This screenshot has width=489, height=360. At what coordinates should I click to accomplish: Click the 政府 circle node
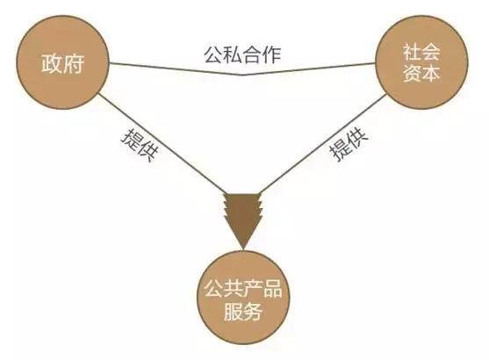[x=62, y=62]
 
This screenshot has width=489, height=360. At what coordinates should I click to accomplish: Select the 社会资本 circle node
[x=421, y=62]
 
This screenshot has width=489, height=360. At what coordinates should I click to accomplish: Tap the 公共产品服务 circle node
[x=243, y=298]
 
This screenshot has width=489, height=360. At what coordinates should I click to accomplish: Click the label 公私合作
[x=242, y=55]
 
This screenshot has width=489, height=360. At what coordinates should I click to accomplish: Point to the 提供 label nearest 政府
[x=140, y=144]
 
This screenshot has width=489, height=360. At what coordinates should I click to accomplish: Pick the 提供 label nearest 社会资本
[x=349, y=144]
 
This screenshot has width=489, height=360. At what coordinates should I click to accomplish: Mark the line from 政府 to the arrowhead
[x=162, y=144]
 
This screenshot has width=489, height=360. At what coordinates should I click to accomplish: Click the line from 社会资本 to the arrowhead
[x=323, y=144]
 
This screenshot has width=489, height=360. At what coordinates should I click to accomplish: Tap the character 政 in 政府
[x=52, y=63]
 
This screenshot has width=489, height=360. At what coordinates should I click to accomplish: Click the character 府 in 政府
[x=74, y=63]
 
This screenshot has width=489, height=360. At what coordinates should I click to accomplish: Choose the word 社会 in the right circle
[x=421, y=53]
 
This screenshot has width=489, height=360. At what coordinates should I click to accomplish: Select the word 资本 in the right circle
[x=421, y=74]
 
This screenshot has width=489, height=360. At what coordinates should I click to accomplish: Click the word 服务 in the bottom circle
[x=243, y=311]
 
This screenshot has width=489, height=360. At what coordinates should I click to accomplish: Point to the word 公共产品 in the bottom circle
[x=243, y=288]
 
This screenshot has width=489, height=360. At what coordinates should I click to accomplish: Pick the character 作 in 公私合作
[x=272, y=55]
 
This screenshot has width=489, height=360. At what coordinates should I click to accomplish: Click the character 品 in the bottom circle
[x=272, y=288]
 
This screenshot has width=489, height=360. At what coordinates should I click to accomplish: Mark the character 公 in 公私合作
[x=213, y=55]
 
